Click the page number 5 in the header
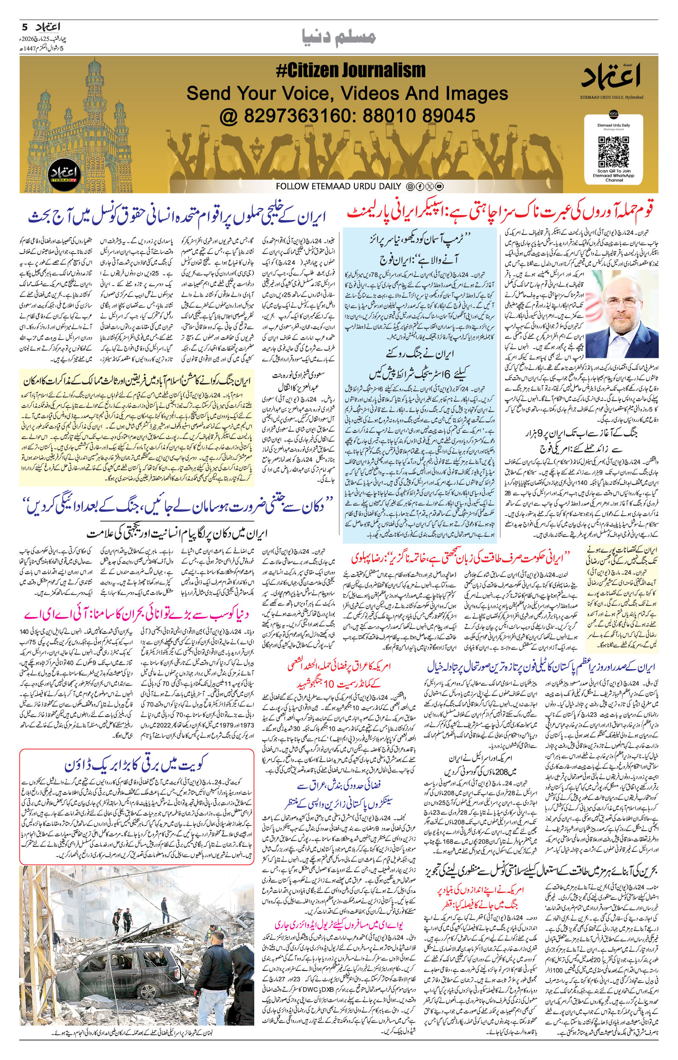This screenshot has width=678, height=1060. [25, 27]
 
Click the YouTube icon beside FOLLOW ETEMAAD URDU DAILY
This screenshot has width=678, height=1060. [439, 187]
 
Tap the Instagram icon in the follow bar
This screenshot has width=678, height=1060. [410, 187]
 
